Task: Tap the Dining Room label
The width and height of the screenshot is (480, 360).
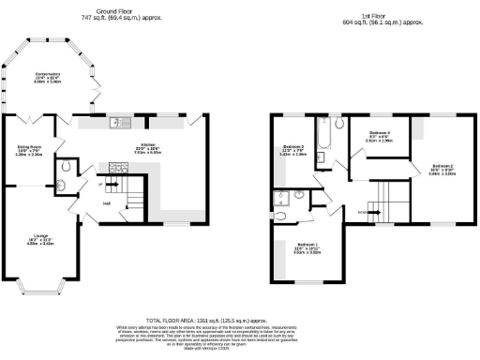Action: (29, 150)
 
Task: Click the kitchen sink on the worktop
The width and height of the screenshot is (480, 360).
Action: (119, 122)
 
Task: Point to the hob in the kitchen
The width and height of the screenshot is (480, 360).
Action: (120, 168)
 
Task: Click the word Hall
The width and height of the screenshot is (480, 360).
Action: (107, 203)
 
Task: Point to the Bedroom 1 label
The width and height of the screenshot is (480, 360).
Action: (307, 248)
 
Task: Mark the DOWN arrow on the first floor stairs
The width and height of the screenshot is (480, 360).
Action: (363, 212)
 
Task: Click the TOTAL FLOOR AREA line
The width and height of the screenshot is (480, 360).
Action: (240, 319)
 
